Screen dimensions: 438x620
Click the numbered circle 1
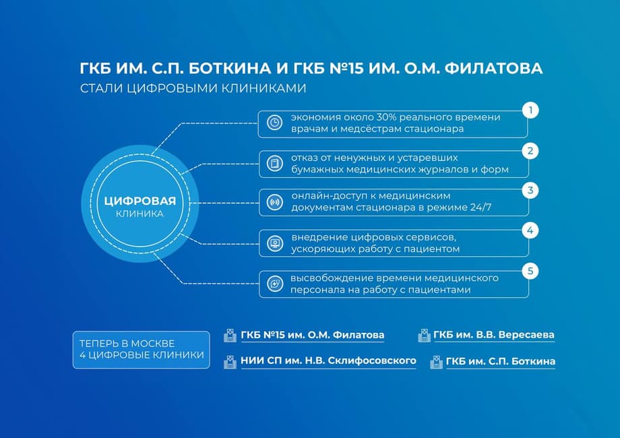[x=530, y=110]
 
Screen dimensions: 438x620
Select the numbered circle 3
[x=530, y=190]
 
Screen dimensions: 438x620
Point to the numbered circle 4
[x=530, y=230]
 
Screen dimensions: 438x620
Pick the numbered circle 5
[x=530, y=271]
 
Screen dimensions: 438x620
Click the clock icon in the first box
[x=274, y=123]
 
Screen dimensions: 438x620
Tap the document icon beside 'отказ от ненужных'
[x=274, y=163]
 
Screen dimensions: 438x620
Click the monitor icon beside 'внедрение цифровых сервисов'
[x=274, y=243]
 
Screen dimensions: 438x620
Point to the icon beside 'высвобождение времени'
[x=274, y=284]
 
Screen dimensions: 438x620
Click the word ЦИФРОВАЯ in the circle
[x=140, y=201]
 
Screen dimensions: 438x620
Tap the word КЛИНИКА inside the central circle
[x=140, y=214]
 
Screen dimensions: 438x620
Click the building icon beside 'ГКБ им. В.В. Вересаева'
[x=424, y=336]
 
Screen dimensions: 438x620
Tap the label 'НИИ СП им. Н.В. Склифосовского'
[x=328, y=361]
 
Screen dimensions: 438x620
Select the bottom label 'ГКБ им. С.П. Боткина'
[x=501, y=361]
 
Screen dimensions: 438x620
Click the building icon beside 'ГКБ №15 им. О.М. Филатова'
[x=230, y=336]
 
